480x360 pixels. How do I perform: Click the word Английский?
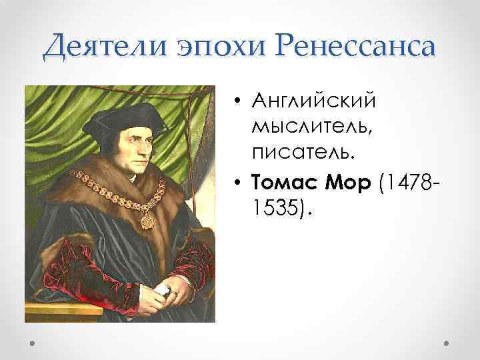(313, 101)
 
